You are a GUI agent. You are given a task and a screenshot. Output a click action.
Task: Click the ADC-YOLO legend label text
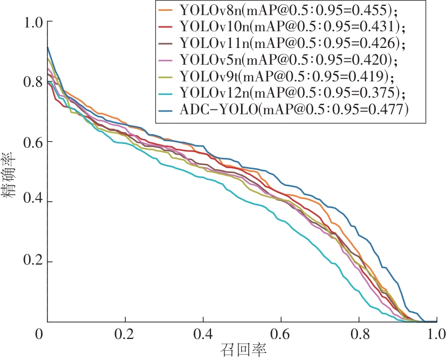tap(294, 109)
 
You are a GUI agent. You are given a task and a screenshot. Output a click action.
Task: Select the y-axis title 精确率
tap(12, 172)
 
